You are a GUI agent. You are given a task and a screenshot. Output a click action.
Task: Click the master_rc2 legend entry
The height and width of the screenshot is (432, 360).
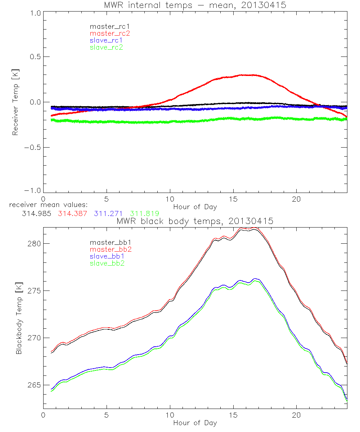click(x=110, y=33)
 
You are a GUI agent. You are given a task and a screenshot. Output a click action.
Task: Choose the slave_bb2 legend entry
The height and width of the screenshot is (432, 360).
click(x=108, y=264)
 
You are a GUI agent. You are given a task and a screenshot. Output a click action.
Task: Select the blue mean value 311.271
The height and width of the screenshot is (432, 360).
click(x=107, y=213)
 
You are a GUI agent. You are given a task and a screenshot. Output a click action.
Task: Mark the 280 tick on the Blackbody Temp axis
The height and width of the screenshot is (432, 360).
click(x=35, y=243)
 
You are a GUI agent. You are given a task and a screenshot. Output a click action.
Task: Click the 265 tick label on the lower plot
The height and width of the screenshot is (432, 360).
click(x=35, y=385)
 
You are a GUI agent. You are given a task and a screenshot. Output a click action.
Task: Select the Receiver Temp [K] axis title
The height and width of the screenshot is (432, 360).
click(x=15, y=102)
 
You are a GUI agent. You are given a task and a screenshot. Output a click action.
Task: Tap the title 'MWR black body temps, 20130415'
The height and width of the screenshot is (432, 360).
click(x=195, y=221)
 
